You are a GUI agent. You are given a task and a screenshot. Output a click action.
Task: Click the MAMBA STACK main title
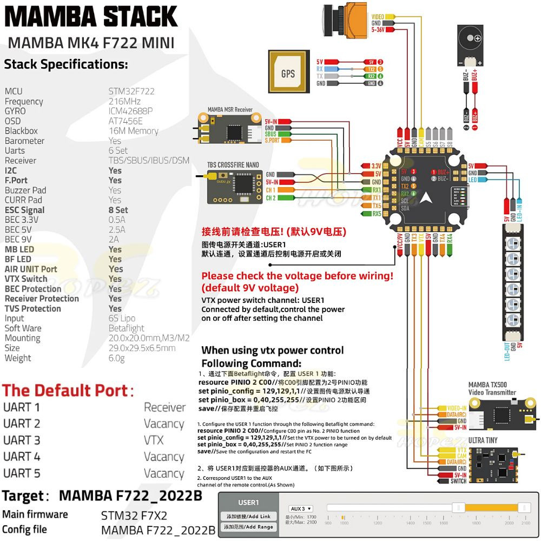(x=91, y=16)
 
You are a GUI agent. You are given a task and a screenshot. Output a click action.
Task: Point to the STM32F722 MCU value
(x=131, y=91)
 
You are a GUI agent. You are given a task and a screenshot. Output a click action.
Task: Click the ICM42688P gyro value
(x=131, y=111)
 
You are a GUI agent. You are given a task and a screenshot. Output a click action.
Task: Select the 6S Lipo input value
(x=122, y=319)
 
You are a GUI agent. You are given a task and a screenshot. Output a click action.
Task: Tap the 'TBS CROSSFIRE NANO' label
(x=233, y=165)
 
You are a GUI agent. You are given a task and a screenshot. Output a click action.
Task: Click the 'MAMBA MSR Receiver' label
(x=230, y=110)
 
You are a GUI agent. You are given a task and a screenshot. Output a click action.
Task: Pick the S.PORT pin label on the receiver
(x=273, y=141)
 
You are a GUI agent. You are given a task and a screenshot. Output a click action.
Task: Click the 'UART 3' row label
(x=22, y=440)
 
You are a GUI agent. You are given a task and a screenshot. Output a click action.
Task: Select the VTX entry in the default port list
(x=154, y=440)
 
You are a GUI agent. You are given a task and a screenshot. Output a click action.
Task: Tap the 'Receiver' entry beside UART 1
(x=164, y=407)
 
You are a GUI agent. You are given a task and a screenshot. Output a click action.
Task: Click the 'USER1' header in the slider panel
(x=248, y=503)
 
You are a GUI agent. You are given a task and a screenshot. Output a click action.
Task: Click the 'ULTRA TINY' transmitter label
(x=483, y=441)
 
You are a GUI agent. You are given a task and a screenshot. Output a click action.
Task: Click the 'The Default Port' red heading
(x=68, y=390)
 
